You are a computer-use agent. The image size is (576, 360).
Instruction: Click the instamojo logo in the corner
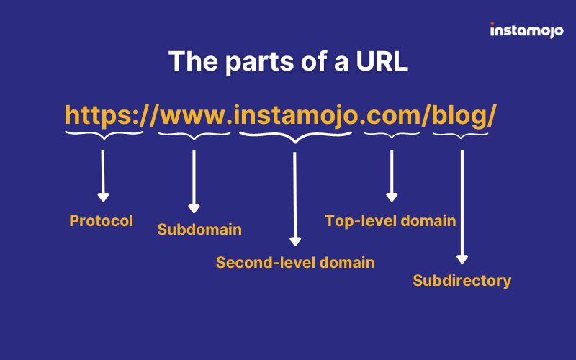(526, 30)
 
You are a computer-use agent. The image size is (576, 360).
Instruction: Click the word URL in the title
(382, 61)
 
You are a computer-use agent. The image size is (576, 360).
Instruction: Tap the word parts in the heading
(260, 61)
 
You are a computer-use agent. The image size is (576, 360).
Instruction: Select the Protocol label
(101, 221)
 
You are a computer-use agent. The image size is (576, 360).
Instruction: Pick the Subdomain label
(199, 230)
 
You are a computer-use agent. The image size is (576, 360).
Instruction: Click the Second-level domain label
(295, 263)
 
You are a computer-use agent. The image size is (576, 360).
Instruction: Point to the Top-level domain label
(390, 221)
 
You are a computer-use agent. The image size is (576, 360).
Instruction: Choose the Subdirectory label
(462, 281)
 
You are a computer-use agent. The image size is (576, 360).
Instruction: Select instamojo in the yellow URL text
(296, 116)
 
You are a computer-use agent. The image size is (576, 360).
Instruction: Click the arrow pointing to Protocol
(103, 176)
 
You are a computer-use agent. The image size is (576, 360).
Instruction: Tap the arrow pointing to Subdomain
(194, 181)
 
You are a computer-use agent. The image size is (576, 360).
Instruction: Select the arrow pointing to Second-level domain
(295, 199)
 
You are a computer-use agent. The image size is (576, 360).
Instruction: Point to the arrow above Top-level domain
(392, 176)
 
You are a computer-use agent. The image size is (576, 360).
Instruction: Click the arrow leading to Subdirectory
(462, 207)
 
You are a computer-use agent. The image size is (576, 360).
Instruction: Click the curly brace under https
(104, 135)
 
